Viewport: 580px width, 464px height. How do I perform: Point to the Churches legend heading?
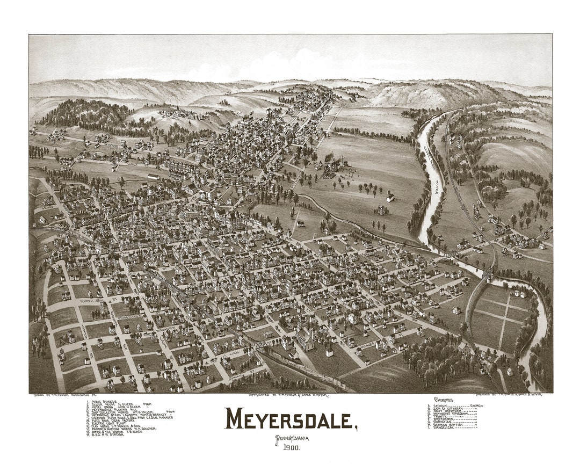pos(444,400)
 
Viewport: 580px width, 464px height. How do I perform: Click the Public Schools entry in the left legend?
pos(104,401)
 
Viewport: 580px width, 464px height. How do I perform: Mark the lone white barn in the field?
pos(389,198)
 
